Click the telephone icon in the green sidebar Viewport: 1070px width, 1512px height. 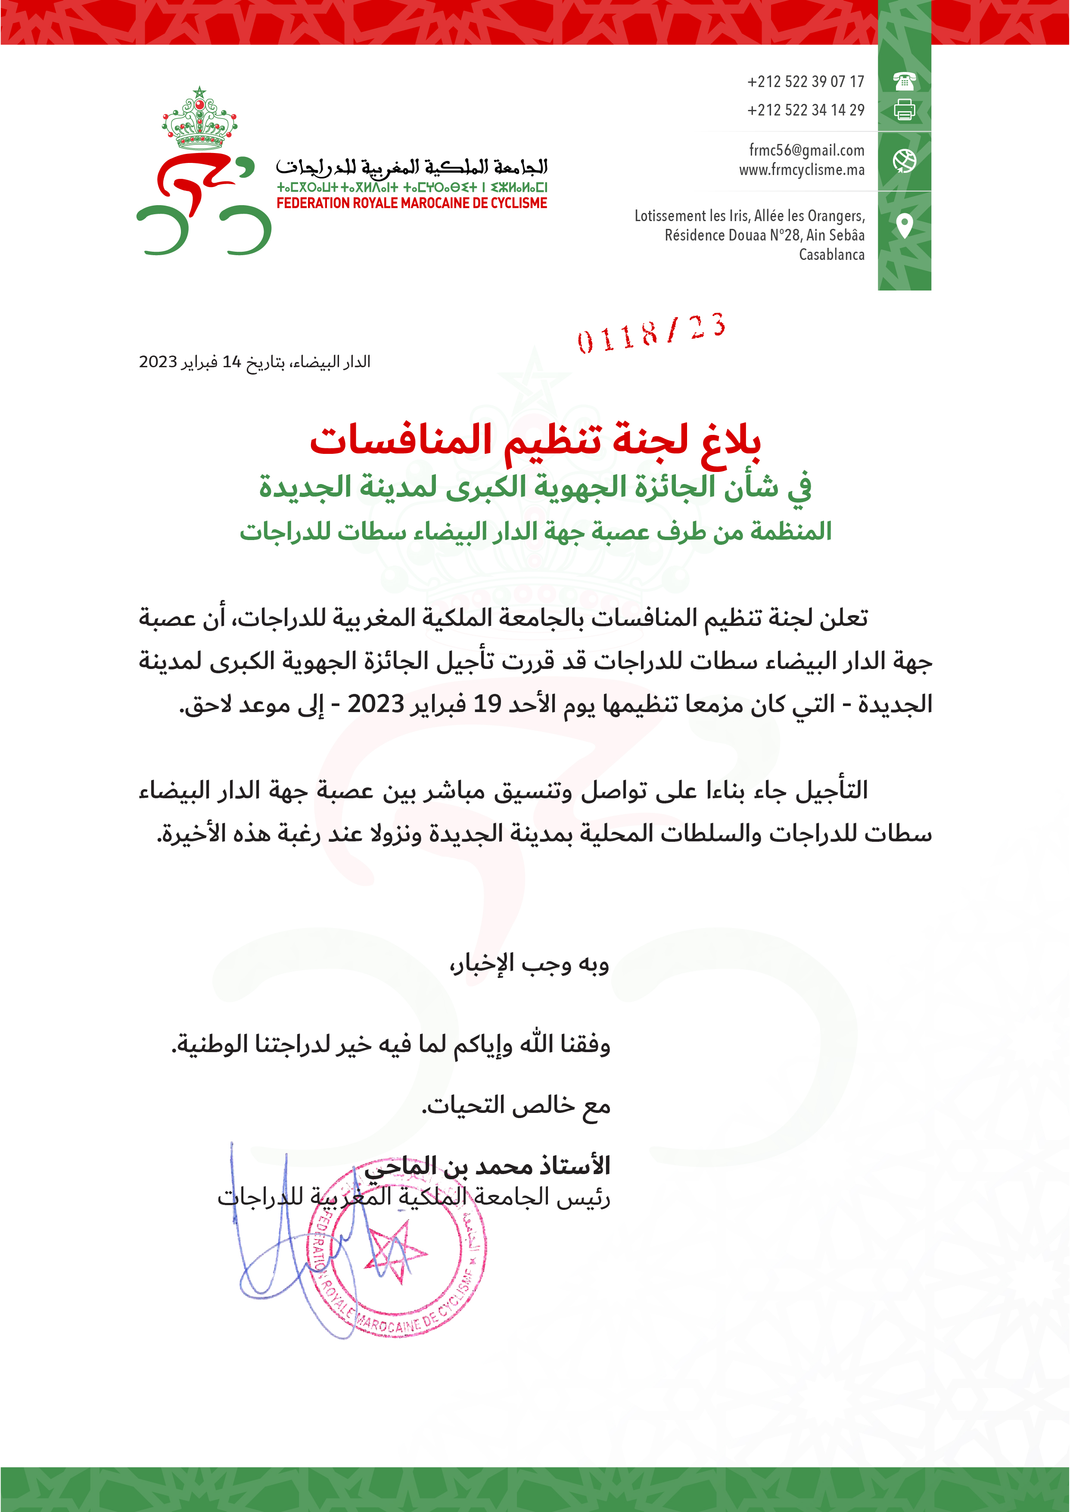coord(904,81)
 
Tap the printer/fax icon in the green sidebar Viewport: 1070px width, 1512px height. coord(904,109)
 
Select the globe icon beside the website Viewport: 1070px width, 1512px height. coord(904,161)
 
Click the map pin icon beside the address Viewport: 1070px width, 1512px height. coord(905,225)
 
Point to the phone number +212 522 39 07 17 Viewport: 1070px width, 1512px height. coord(805,82)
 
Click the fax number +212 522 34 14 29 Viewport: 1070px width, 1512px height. coord(805,110)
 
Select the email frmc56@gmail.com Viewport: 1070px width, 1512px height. coord(806,150)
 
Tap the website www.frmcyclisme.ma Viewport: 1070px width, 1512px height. coord(801,170)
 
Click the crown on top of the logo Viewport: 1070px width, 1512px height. coord(199,122)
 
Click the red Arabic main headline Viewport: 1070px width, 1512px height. coord(535,440)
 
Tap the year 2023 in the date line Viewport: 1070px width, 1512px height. coord(158,362)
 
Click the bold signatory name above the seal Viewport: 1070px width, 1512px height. coord(488,1166)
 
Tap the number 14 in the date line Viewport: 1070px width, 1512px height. coord(232,362)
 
